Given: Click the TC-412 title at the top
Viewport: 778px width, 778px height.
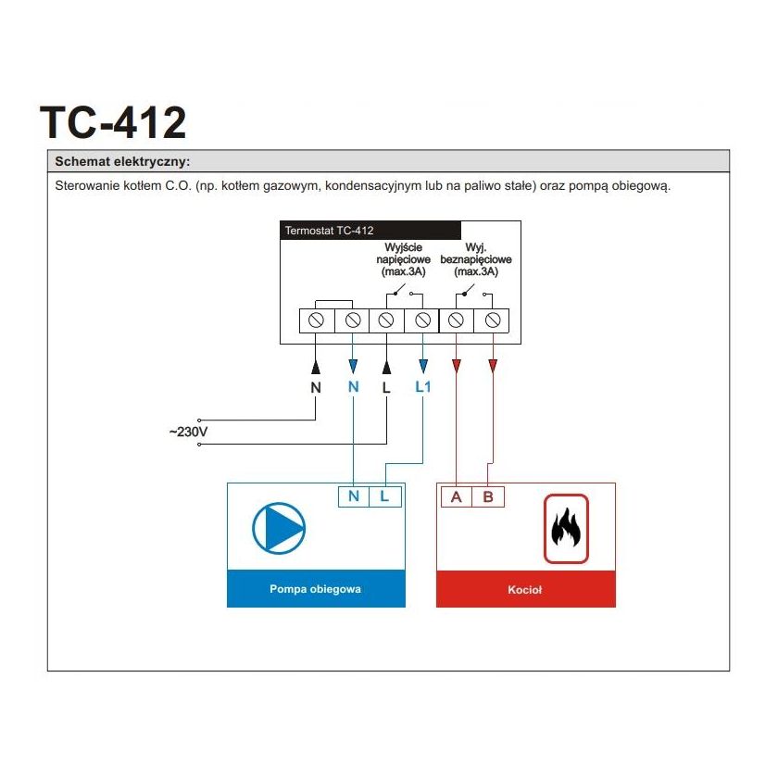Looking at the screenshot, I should click(113, 122).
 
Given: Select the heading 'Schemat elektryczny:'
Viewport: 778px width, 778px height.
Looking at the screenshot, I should click(122, 161).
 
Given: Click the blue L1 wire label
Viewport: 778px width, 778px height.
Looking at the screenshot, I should click(423, 386).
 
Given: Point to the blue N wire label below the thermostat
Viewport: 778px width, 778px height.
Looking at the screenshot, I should click(352, 387).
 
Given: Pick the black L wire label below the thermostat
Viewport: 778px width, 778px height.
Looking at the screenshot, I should click(386, 387).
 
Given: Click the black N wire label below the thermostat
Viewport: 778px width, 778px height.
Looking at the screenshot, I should click(316, 387).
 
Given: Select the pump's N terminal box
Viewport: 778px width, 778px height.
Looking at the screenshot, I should click(353, 496).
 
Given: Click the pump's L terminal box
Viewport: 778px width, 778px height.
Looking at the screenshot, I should click(385, 496).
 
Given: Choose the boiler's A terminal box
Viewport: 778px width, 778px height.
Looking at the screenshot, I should click(456, 496).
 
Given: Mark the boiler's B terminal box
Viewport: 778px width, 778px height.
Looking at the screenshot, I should click(488, 496).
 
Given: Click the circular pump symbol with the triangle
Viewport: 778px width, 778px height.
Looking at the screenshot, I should click(279, 528).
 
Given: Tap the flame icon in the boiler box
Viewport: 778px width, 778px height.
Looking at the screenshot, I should click(565, 529).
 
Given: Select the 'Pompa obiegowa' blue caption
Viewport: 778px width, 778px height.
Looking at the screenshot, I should click(316, 589).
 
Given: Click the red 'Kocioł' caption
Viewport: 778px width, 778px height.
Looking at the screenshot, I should click(525, 589).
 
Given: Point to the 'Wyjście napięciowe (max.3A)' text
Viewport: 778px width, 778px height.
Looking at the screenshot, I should click(403, 260).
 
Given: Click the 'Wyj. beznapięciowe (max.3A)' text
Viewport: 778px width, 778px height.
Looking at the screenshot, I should click(476, 260).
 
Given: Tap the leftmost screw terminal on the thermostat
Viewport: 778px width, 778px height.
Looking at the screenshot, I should click(316, 320).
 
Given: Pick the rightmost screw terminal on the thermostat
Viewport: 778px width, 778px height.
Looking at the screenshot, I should click(493, 320).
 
